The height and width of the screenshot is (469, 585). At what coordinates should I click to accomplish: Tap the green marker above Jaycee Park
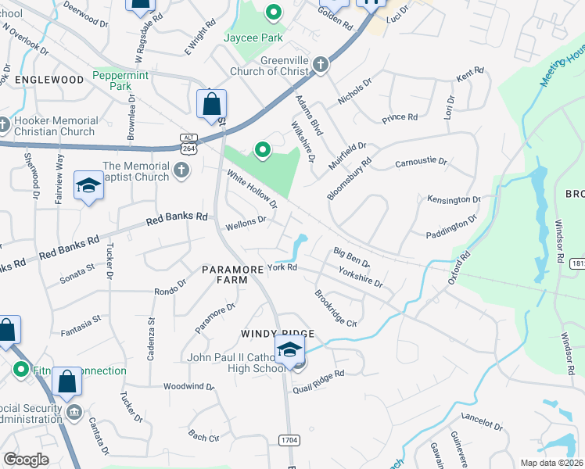273,13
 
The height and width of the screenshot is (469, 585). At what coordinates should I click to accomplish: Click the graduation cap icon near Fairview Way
88,186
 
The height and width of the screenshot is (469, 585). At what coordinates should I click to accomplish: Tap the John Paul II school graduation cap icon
289,349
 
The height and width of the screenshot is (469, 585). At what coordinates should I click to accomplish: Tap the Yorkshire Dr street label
361,277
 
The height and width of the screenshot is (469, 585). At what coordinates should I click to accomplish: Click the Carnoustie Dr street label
421,162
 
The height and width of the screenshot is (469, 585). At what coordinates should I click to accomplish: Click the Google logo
26,459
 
